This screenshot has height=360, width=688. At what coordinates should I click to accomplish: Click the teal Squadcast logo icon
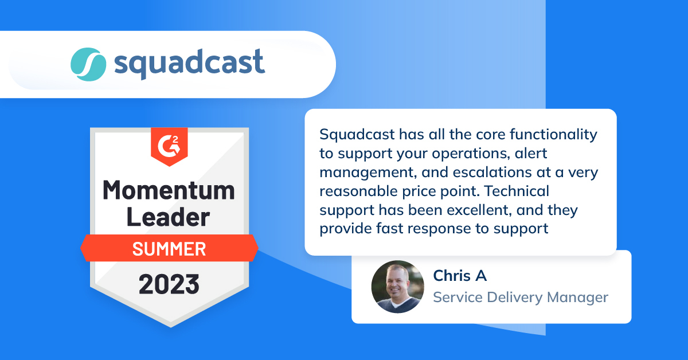pyautogui.click(x=88, y=65)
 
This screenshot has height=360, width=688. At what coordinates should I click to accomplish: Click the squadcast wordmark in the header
pyautogui.click(x=190, y=64)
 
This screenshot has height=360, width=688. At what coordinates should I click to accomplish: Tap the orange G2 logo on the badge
pyautogui.click(x=169, y=147)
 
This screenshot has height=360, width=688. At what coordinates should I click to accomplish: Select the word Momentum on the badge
pyautogui.click(x=169, y=190)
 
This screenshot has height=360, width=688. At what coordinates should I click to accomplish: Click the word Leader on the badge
pyautogui.click(x=169, y=217)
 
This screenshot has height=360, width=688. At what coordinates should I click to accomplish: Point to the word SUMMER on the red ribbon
pyautogui.click(x=169, y=249)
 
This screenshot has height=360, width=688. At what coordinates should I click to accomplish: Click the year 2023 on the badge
pyautogui.click(x=169, y=284)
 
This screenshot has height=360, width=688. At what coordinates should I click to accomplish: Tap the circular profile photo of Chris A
pyautogui.click(x=398, y=287)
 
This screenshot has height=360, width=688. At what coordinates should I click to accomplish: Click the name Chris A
pyautogui.click(x=460, y=276)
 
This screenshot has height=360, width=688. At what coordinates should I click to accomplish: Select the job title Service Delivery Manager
pyautogui.click(x=521, y=298)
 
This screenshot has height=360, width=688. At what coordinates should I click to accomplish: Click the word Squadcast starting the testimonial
pyautogui.click(x=357, y=135)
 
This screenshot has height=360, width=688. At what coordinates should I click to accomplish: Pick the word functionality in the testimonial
pyautogui.click(x=553, y=135)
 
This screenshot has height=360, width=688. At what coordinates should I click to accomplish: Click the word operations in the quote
pyautogui.click(x=471, y=154)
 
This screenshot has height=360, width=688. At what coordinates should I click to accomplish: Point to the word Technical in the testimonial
pyautogui.click(x=517, y=191)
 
